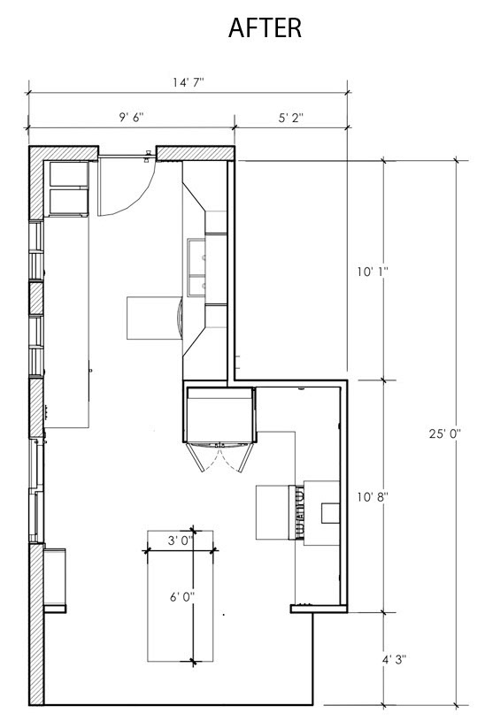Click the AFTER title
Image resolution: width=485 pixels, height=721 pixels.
265,27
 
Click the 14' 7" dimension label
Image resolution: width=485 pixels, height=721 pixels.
189,82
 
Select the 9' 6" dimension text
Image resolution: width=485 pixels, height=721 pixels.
132,118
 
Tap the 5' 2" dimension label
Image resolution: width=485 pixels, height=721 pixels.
291,118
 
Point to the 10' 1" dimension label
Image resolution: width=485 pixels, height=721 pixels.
373,272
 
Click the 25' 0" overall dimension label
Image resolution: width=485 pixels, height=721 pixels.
445,433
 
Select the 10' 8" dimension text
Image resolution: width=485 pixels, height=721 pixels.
373,496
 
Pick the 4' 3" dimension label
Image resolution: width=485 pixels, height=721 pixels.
394,660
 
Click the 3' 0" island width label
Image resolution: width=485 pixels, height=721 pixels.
180,541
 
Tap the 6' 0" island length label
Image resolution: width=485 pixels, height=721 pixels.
182,597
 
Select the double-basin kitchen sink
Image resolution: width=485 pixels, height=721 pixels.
196,267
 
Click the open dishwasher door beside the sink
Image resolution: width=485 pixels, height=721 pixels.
155,318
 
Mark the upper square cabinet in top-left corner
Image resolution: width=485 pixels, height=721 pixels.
68,173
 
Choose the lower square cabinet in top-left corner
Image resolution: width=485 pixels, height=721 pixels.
68,202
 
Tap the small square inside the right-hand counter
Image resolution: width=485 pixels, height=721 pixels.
330,513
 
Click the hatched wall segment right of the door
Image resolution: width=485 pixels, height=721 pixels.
196,154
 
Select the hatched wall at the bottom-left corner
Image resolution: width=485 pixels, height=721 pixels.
36,624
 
